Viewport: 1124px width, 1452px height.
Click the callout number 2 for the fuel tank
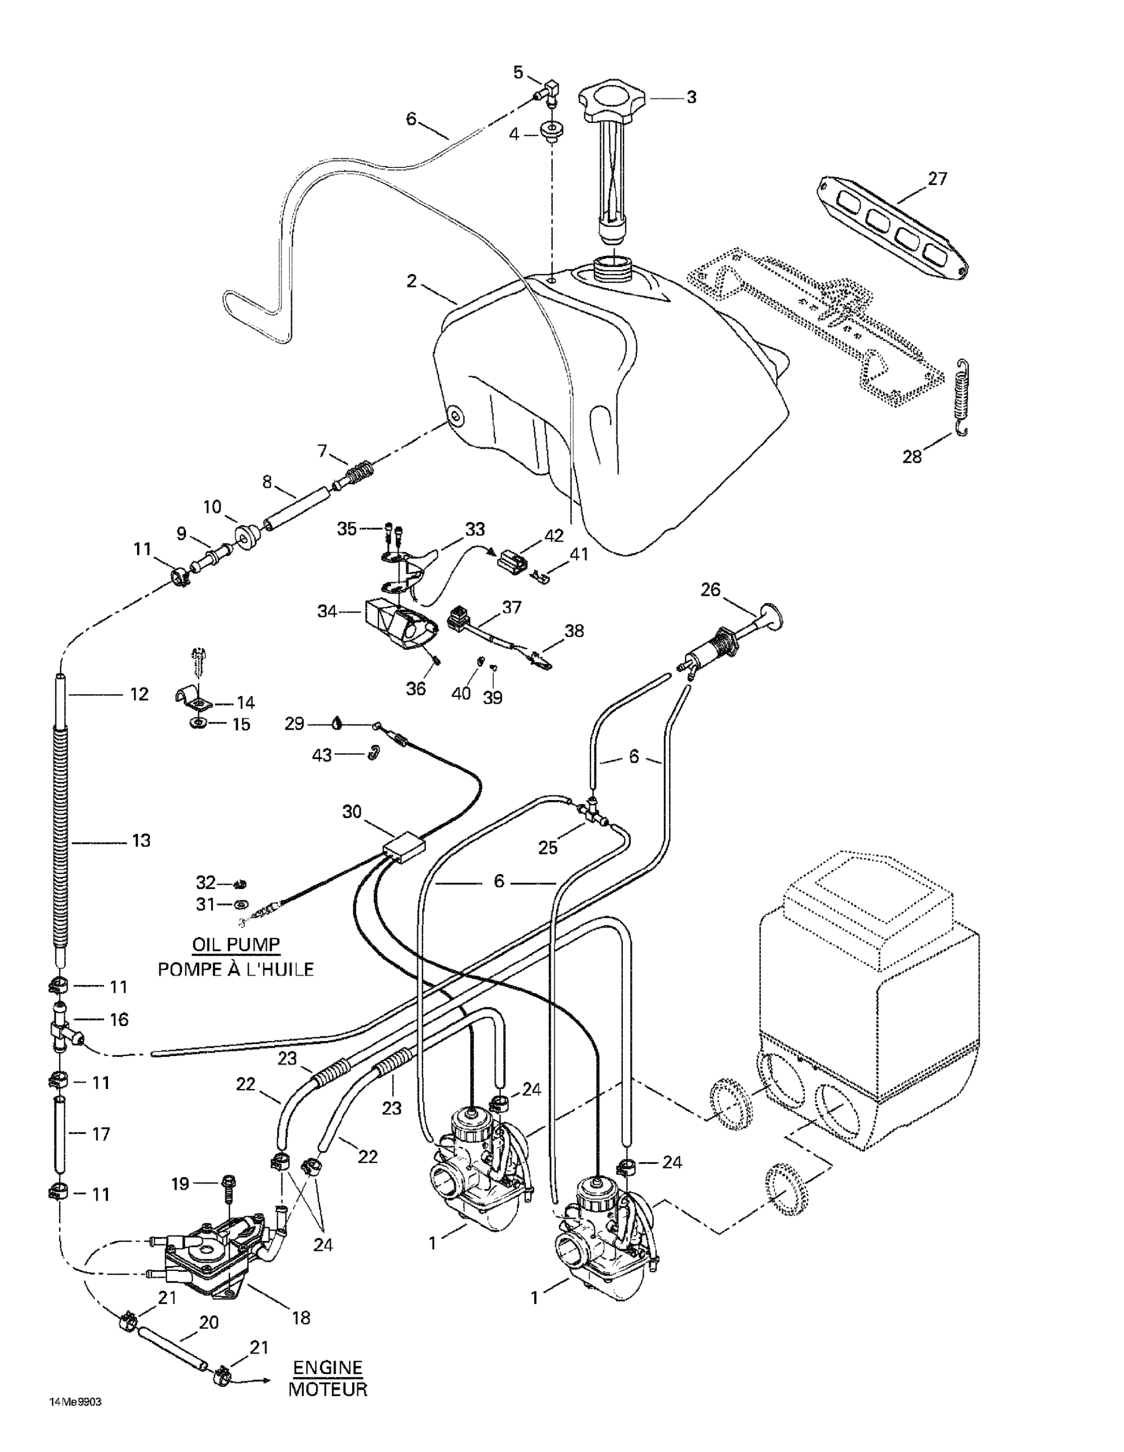412,281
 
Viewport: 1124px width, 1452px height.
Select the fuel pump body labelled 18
213,1257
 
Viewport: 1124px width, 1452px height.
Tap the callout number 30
352,812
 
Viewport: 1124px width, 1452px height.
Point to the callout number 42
554,535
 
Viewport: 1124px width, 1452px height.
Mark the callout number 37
511,607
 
